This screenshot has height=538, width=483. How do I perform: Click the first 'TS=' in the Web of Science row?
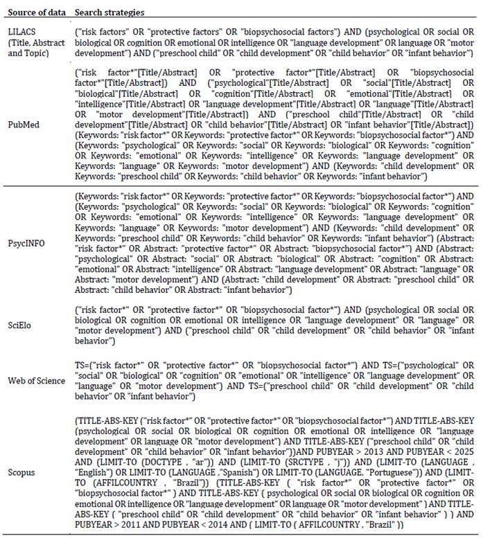(x=82, y=364)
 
